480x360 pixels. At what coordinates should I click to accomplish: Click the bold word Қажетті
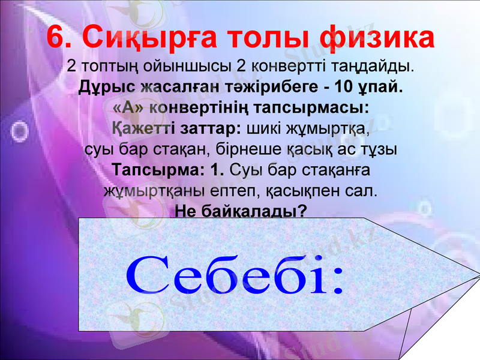pos(140,129)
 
